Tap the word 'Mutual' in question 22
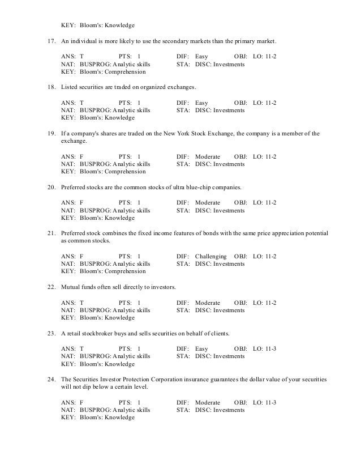tap(72, 287)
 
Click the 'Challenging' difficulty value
tap(210, 256)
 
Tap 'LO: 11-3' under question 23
tap(264, 348)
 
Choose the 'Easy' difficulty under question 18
tap(201, 103)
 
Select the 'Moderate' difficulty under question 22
tap(208, 302)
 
